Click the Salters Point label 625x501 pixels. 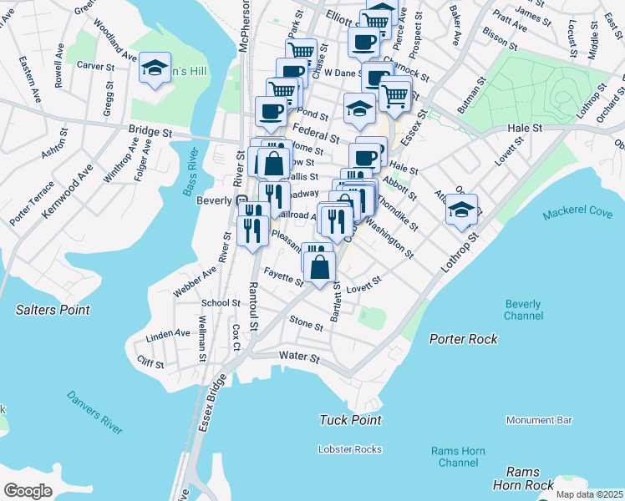53,310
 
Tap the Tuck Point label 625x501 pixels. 351,420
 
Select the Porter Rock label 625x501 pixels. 464,339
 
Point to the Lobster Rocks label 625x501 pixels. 350,449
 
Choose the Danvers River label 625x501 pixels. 94,412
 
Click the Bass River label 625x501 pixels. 189,173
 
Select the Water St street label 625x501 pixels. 299,357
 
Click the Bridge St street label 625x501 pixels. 150,131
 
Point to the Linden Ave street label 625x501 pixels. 168,334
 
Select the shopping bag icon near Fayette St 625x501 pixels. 318,267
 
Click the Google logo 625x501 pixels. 28,491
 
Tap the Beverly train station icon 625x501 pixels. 241,200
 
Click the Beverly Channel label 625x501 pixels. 523,310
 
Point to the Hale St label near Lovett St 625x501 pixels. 526,128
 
